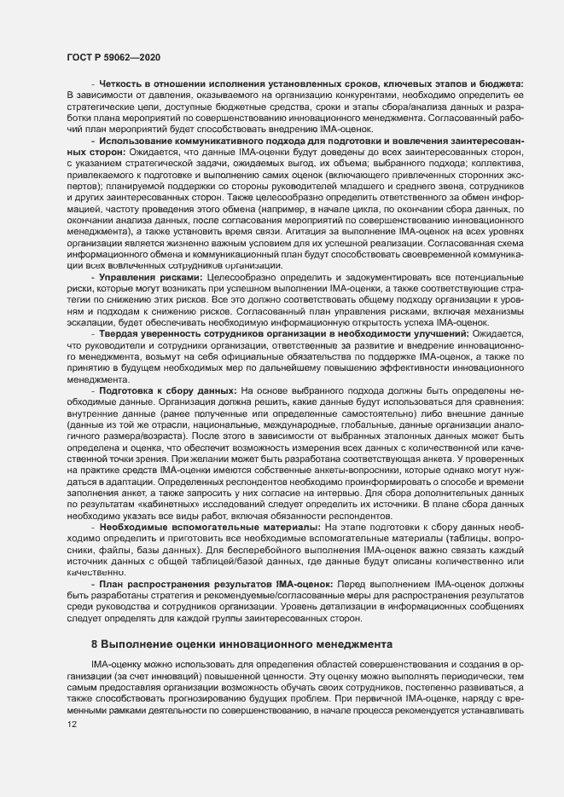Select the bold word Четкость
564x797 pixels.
pos(125,83)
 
